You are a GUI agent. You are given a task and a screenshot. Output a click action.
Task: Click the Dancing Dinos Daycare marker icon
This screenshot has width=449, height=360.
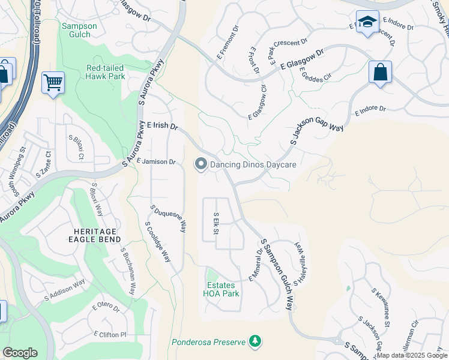pos(200,164)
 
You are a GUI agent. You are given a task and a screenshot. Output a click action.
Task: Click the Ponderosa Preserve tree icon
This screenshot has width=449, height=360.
pos(256,341)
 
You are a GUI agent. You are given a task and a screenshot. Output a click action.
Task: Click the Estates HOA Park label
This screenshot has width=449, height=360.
pos(222,289)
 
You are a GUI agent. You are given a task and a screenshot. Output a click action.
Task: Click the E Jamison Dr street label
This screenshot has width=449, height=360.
pos(155,161)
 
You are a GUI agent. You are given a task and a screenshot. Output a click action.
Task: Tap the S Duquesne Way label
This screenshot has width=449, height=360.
pos(169,220)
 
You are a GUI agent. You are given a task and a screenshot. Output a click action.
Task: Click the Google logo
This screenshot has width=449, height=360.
pos(20,353)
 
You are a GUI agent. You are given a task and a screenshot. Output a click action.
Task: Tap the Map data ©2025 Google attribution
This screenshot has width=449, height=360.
pos(412,355)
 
